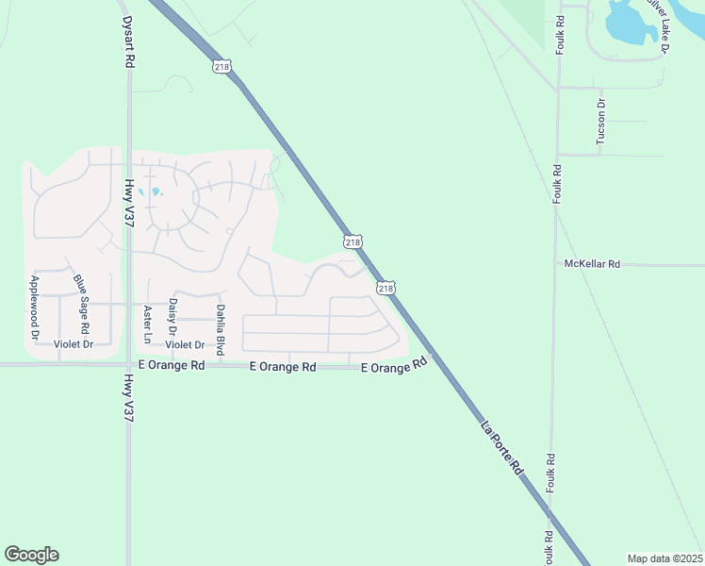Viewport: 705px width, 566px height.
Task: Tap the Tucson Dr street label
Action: (600, 122)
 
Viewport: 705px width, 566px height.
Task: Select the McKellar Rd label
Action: (592, 264)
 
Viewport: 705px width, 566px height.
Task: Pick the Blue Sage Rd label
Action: (83, 302)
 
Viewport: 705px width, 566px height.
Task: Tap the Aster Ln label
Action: (147, 324)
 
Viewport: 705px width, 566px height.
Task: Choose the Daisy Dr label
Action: (172, 316)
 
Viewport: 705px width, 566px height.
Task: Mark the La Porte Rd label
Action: (502, 447)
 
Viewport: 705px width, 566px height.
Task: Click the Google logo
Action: (31, 555)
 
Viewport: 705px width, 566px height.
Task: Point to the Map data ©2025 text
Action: (664, 558)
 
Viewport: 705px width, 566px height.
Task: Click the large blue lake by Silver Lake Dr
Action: (630, 23)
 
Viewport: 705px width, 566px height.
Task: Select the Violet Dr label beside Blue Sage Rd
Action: (74, 344)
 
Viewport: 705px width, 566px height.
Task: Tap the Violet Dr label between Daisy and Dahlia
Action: (185, 344)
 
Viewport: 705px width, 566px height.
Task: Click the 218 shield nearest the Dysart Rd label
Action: (221, 66)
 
